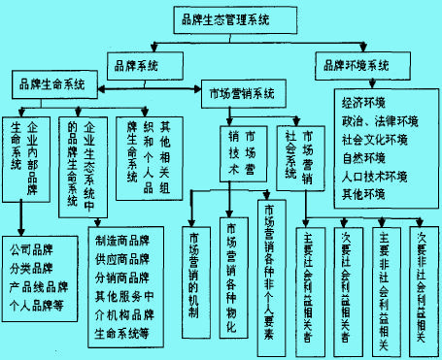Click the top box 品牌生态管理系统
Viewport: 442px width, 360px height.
pyautogui.click(x=224, y=17)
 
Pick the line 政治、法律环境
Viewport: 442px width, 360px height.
pyautogui.click(x=380, y=119)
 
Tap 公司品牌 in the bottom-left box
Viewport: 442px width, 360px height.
pyautogui.click(x=34, y=246)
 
